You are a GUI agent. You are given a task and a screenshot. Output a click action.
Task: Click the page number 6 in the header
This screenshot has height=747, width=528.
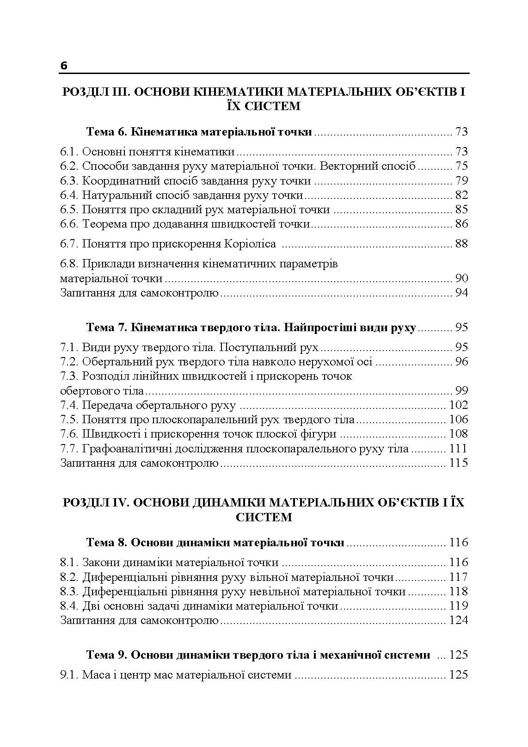click(64, 66)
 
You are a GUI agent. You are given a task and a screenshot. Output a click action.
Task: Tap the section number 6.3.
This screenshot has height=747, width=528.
click(70, 181)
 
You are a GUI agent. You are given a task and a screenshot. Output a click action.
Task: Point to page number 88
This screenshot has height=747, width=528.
click(461, 244)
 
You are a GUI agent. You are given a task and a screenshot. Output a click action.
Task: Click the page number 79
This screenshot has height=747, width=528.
click(461, 181)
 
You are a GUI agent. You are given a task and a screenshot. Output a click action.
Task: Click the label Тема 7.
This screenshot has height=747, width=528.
click(106, 327)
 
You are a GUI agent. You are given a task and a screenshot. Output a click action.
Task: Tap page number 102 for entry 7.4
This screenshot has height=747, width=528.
click(458, 405)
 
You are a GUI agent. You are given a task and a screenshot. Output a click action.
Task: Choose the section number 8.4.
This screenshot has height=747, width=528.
click(70, 606)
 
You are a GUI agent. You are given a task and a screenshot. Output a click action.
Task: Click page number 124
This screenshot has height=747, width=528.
click(458, 620)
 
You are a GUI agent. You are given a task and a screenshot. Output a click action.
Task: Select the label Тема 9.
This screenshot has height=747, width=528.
click(106, 655)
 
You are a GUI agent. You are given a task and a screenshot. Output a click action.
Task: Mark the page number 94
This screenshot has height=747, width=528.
click(461, 293)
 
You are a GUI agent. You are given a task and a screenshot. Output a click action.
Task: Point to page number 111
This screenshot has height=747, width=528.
click(458, 449)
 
